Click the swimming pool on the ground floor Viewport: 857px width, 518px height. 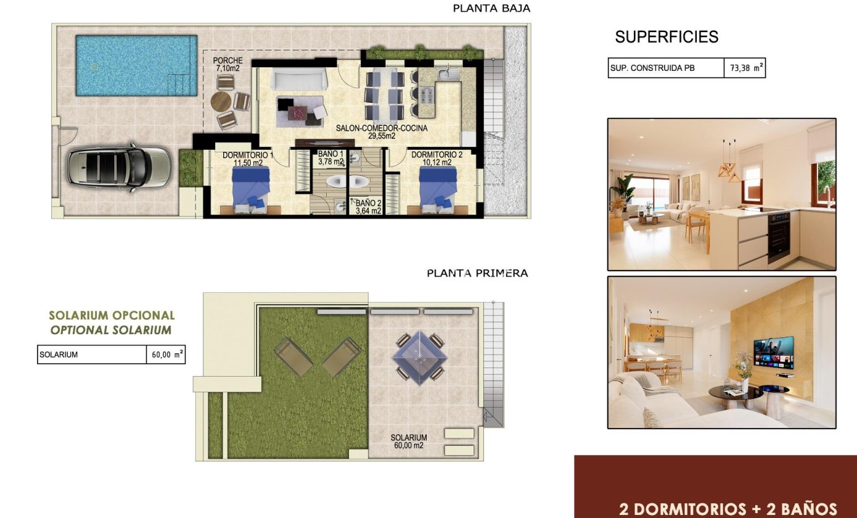point(137,65)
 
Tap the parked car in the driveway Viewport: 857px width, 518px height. point(120,168)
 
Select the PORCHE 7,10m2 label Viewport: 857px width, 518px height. point(228,64)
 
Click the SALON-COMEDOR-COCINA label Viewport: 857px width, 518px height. point(382,132)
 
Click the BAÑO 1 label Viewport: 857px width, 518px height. point(331,158)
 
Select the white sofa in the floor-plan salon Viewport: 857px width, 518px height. point(299,79)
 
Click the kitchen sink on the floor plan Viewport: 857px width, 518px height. point(448,73)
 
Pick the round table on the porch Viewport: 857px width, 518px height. point(221,101)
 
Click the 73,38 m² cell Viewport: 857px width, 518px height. point(745,68)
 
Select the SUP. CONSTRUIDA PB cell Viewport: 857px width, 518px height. point(666,68)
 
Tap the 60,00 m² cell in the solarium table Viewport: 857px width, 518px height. point(166,355)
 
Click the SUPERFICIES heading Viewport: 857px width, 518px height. point(666,37)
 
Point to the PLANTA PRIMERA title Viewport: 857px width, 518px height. point(477,273)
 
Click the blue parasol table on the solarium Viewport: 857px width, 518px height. point(420,358)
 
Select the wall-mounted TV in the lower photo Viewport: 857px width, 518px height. point(773,352)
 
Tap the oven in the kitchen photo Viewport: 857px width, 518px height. point(779,237)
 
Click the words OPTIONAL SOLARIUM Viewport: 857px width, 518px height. point(111,330)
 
